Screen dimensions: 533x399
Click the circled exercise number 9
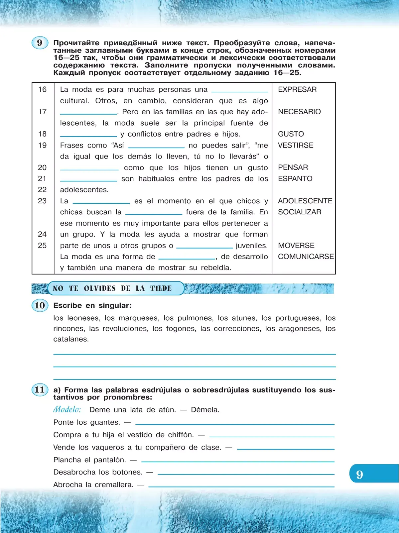(40, 43)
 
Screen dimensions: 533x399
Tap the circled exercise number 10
(40, 305)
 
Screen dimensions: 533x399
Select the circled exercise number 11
(40, 390)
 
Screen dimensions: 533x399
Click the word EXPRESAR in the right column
(297, 89)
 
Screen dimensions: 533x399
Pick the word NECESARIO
(299, 112)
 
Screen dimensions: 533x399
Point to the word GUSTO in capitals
(291, 134)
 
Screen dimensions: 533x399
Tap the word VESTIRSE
(296, 145)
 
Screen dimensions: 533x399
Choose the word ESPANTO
(295, 178)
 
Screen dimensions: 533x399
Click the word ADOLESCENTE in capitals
(305, 201)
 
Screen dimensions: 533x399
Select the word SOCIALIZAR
(300, 212)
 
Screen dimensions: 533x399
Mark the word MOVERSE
(296, 246)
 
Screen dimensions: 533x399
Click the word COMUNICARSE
(306, 257)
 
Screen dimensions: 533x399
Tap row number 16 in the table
(43, 89)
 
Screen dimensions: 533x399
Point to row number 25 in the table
(42, 246)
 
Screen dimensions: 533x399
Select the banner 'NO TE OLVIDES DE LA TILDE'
(112, 288)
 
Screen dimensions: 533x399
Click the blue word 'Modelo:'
(67, 409)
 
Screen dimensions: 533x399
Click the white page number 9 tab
(360, 475)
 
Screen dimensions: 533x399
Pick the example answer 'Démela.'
(205, 410)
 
